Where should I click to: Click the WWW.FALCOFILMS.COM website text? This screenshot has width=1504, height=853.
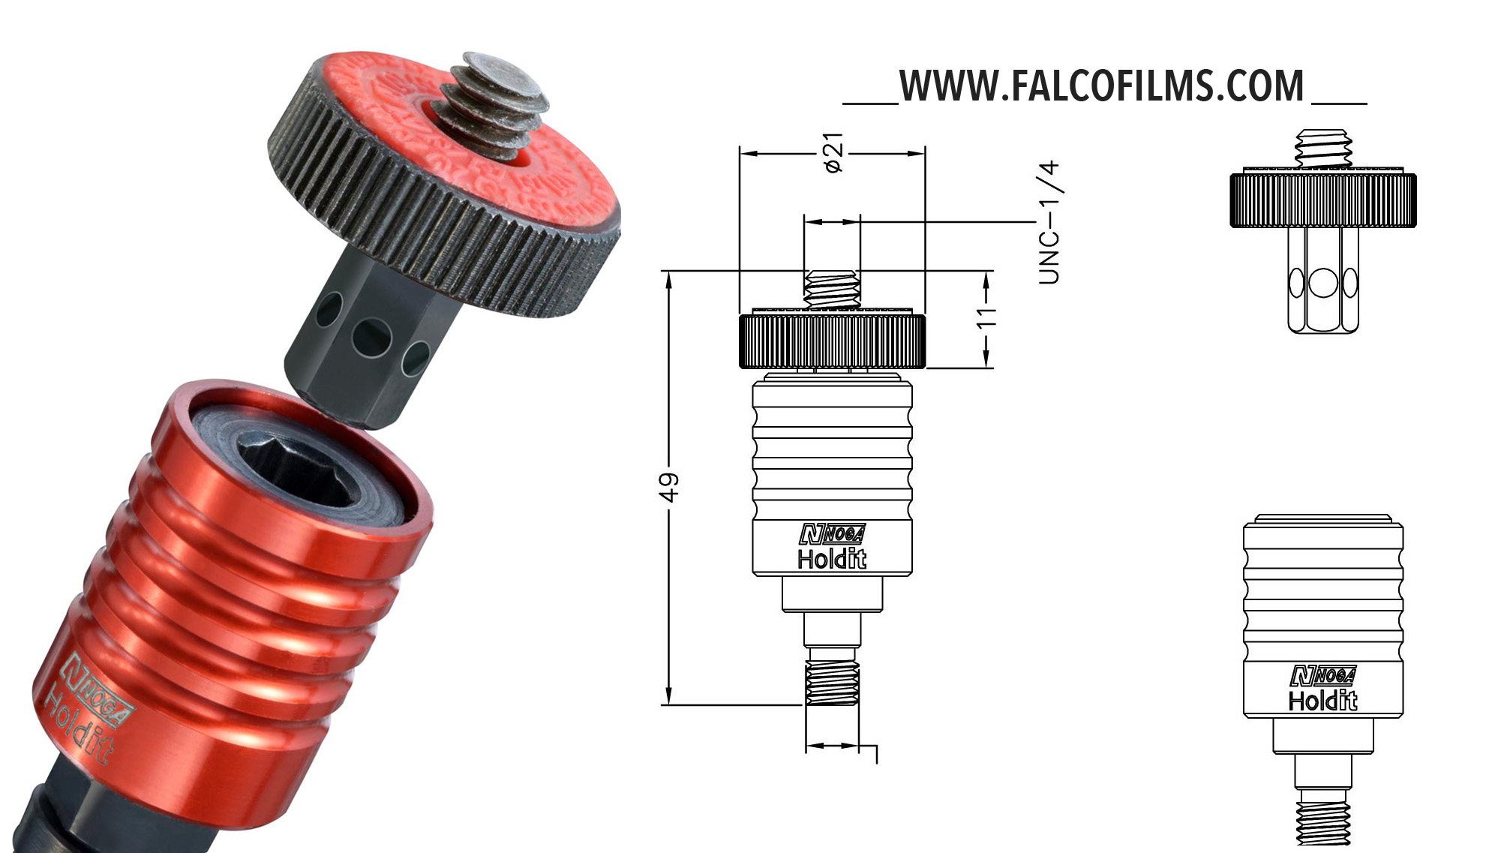pos(1102,86)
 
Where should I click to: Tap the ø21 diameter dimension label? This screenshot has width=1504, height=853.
pos(833,153)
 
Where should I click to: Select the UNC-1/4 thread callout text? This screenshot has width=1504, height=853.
pos(1049,222)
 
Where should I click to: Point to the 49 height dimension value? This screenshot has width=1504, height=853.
pos(668,487)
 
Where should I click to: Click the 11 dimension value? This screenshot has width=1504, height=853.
pos(986,317)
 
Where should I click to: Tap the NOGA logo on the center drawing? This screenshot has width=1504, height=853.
pos(832,533)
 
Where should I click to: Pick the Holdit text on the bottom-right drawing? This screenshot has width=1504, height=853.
pos(1323,700)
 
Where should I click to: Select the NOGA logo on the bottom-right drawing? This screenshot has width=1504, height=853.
pos(1323,675)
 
